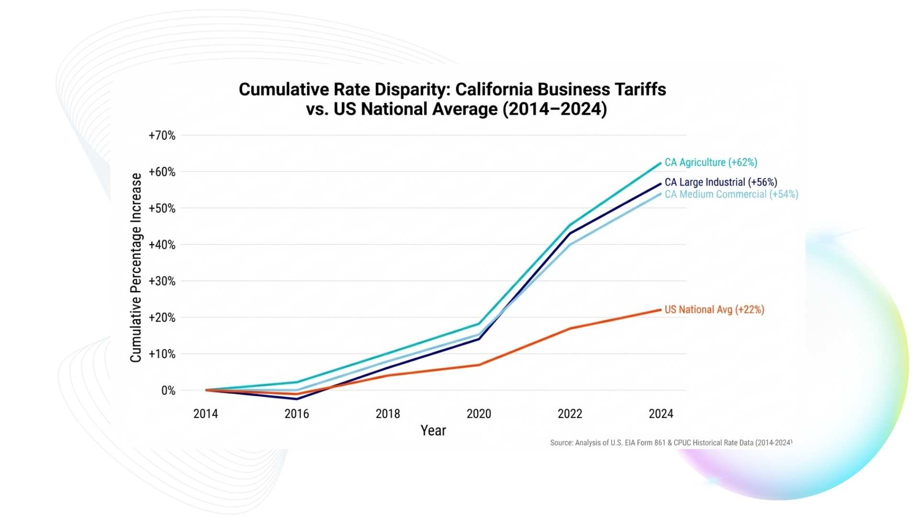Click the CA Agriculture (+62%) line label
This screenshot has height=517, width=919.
click(710, 162)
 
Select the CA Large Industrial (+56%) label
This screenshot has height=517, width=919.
click(720, 182)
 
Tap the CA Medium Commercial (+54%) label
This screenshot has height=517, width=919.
click(731, 194)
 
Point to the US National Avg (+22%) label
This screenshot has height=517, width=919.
click(714, 310)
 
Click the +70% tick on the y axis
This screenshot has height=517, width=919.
click(162, 135)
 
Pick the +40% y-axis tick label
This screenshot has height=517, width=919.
click(162, 245)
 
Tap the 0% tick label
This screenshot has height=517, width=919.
click(168, 391)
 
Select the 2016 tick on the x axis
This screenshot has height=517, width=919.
click(297, 414)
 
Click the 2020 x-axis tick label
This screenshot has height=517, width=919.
click(479, 414)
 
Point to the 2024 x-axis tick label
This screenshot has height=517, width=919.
click(661, 414)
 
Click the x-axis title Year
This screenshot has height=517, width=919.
click(433, 430)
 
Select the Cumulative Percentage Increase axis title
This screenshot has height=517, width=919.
click(136, 267)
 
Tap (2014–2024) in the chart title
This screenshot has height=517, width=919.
click(554, 109)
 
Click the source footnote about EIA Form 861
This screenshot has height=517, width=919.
click(671, 443)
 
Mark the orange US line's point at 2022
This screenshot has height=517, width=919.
click(570, 328)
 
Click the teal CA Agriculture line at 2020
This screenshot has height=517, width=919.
click(479, 324)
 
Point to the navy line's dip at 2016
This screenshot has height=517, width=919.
click(297, 399)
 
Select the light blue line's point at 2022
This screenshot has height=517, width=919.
click(570, 245)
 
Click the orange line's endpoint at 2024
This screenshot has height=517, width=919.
click(661, 310)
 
